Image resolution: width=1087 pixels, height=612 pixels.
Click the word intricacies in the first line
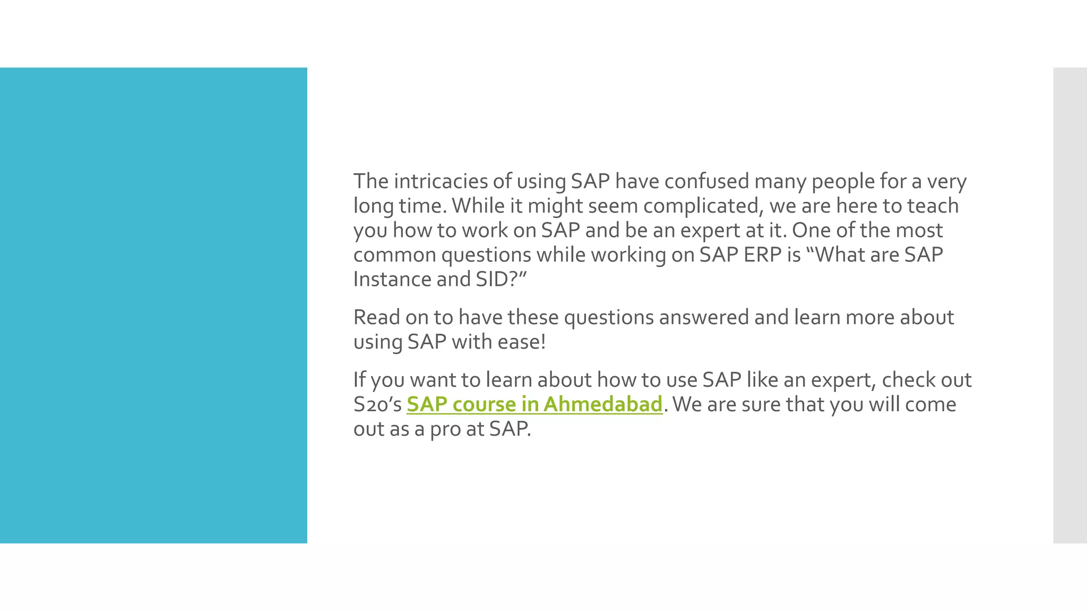[441, 181]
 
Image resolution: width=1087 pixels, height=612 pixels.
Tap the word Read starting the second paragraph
[377, 317]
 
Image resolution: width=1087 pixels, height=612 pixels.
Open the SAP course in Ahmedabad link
[534, 404]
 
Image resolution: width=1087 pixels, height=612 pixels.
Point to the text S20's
[377, 404]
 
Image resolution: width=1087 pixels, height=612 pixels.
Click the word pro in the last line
[445, 429]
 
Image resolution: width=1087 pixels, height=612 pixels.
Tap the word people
[843, 181]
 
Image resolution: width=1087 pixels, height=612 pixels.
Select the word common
[395, 255]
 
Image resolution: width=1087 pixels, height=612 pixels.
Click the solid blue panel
[153, 305]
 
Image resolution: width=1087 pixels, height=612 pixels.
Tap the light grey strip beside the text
[1069, 305]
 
